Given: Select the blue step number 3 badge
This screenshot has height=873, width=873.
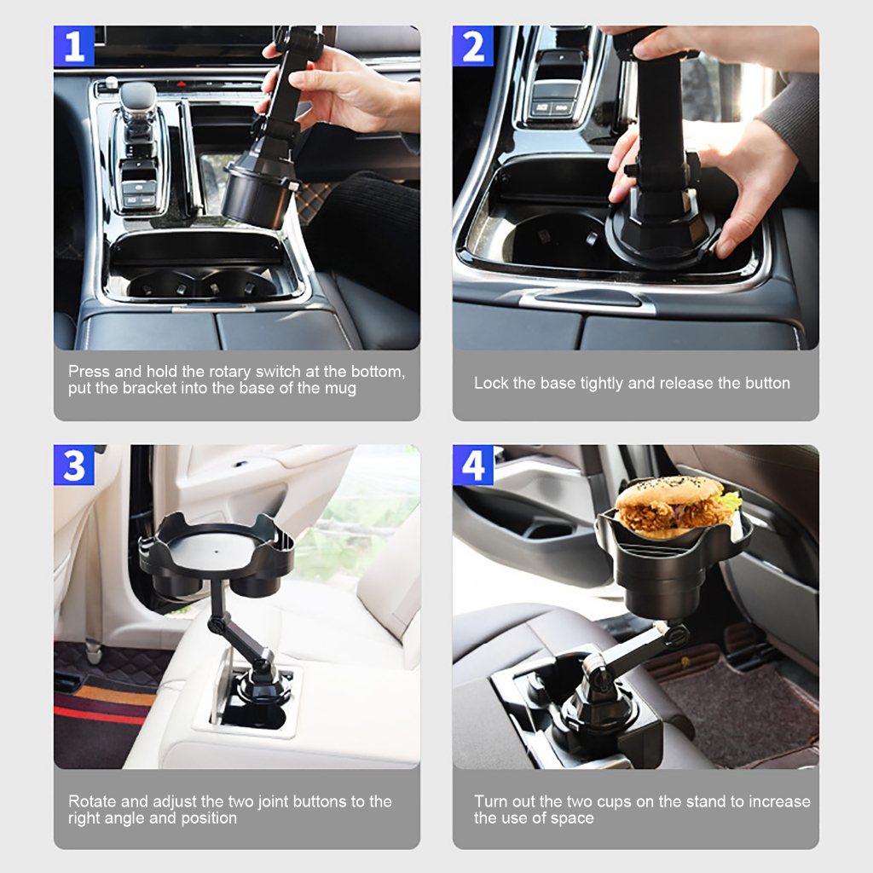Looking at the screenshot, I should pos(74,465).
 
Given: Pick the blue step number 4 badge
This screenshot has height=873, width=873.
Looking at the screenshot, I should pos(473,465).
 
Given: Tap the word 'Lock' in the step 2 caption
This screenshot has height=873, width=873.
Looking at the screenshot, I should pos(491,384).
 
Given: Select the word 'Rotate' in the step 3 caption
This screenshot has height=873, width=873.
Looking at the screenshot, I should pos(91,801).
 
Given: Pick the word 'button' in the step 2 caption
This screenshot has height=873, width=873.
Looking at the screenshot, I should pos(766,384).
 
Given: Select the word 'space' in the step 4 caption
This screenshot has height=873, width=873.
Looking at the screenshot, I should pos(571,818).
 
